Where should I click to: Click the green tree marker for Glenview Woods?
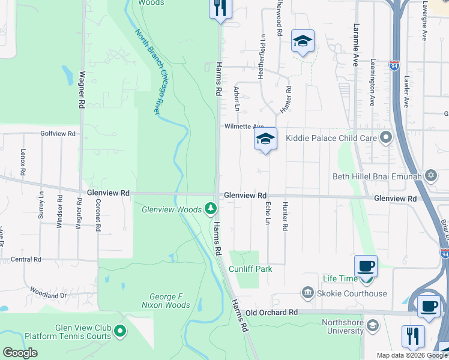[210, 209]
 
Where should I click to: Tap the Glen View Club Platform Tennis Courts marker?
[120, 331]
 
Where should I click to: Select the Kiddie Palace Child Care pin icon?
[386, 139]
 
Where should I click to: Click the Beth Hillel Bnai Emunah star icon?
[430, 176]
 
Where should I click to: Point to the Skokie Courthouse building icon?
[307, 293]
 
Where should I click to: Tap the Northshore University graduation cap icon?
[372, 326]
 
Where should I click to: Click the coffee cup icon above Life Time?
[366, 266]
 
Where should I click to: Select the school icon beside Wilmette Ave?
[265, 139]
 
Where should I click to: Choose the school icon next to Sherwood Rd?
[303, 41]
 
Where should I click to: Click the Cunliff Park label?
[251, 269]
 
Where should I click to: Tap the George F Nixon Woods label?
[170, 301]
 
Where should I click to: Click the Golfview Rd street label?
[58, 133]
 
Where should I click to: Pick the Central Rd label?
[26, 259]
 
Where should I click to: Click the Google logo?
[19, 353]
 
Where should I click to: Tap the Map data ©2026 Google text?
[411, 355]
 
